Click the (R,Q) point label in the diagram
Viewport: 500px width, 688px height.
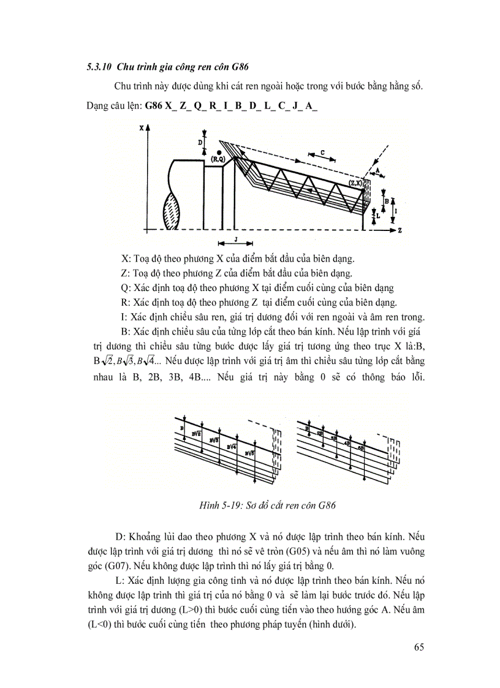pyautogui.click(x=218, y=159)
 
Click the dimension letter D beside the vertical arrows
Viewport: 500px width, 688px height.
pyautogui.click(x=200, y=142)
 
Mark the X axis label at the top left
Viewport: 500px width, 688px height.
pyautogui.click(x=141, y=128)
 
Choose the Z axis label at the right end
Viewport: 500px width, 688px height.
pyautogui.click(x=399, y=231)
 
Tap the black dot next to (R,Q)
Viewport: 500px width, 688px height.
pyautogui.click(x=219, y=151)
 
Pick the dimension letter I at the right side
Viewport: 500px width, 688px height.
pyautogui.click(x=396, y=210)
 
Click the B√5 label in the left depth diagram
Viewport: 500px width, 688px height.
pyautogui.click(x=248, y=453)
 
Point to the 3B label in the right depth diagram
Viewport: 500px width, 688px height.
pyautogui.click(x=333, y=439)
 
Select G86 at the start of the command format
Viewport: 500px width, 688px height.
pyautogui.click(x=154, y=105)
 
